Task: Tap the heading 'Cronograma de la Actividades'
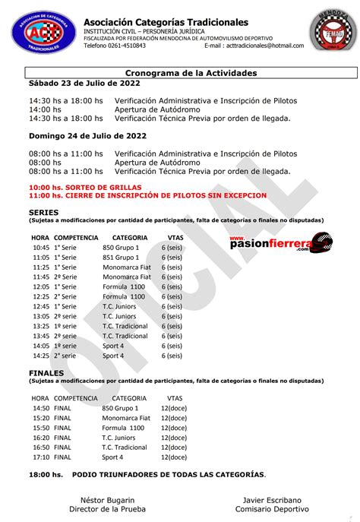click(x=179, y=73)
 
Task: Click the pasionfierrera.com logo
click(x=281, y=241)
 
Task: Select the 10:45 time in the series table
click(x=41, y=248)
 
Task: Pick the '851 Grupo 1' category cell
click(x=121, y=258)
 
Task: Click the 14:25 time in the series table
click(x=41, y=356)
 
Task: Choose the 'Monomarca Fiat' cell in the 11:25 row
click(x=127, y=277)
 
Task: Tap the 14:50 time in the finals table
click(x=41, y=408)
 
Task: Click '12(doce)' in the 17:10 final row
click(x=174, y=457)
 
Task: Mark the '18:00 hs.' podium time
click(x=46, y=475)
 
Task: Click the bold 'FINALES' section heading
click(x=46, y=374)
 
